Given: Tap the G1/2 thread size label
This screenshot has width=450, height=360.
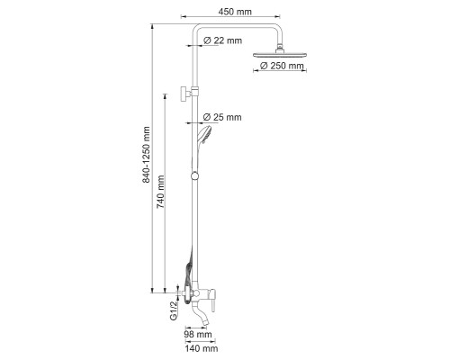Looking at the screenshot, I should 174,310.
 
